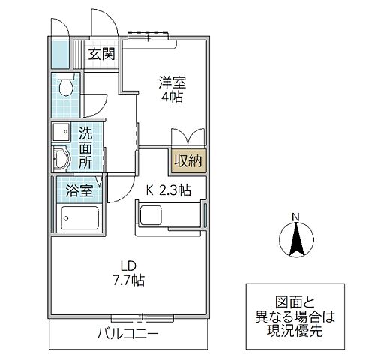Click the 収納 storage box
tap(187, 159)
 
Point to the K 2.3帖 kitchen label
tap(168, 190)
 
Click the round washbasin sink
tap(62, 158)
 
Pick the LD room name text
tap(128, 265)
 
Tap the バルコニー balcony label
tap(127, 333)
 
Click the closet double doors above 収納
tap(187, 139)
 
